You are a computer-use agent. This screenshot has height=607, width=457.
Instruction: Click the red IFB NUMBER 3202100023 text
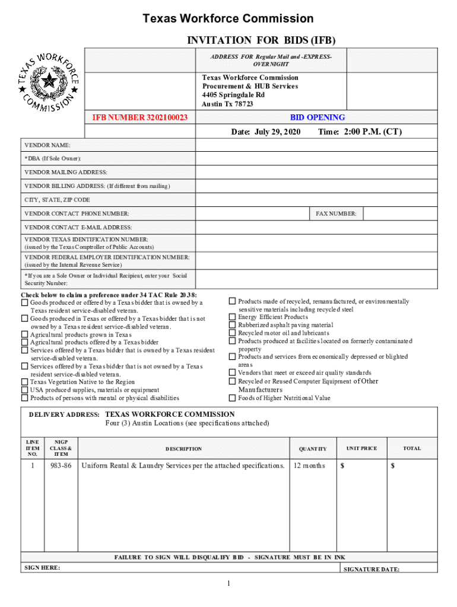140,118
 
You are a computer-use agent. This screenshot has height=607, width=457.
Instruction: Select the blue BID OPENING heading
318,118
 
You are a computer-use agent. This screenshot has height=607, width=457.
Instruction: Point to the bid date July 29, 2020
266,132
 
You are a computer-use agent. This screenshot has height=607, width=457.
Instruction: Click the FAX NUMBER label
335,214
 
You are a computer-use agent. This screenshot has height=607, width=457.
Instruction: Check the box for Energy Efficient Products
233,317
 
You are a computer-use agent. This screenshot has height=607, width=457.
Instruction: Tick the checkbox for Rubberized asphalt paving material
233,325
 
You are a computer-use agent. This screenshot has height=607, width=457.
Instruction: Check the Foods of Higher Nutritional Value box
233,398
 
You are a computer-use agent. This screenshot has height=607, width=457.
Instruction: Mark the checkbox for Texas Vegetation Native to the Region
25,382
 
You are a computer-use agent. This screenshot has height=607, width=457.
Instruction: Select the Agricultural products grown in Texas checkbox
25,334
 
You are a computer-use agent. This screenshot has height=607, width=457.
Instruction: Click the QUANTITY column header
313,449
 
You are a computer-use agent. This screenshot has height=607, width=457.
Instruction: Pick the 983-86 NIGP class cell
61,466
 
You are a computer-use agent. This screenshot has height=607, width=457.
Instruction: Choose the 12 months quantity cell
309,466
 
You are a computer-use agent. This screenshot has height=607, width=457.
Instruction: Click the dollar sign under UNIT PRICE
342,466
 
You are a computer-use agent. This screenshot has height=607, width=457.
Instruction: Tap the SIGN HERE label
42,568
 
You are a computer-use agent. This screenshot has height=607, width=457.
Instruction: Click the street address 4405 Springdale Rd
233,95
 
